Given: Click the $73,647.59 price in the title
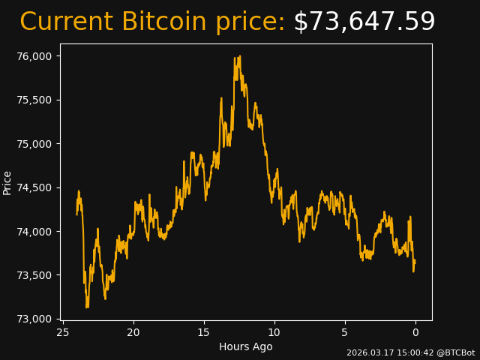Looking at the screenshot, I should [x=364, y=22].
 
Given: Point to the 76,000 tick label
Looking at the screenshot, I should [x=34, y=56].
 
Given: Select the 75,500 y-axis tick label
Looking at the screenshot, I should [x=34, y=100].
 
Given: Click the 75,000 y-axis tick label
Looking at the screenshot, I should [x=34, y=144].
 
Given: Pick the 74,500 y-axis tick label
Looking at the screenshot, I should [x=34, y=187].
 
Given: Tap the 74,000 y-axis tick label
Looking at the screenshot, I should [x=34, y=232].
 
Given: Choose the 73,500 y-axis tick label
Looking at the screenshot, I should [x=34, y=275].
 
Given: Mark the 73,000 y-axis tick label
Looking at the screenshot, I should [x=34, y=319].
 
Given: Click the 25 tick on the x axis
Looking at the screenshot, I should [x=63, y=332].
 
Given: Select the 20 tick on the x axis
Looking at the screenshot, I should [x=133, y=332].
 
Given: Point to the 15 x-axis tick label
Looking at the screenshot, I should [x=204, y=332].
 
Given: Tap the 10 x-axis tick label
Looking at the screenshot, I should [x=274, y=332].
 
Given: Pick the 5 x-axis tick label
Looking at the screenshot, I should [x=345, y=332].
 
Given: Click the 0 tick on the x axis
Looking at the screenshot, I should [x=415, y=332].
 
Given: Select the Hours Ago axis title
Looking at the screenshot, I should [x=246, y=346].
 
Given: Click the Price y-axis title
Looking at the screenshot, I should [x=7, y=182].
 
